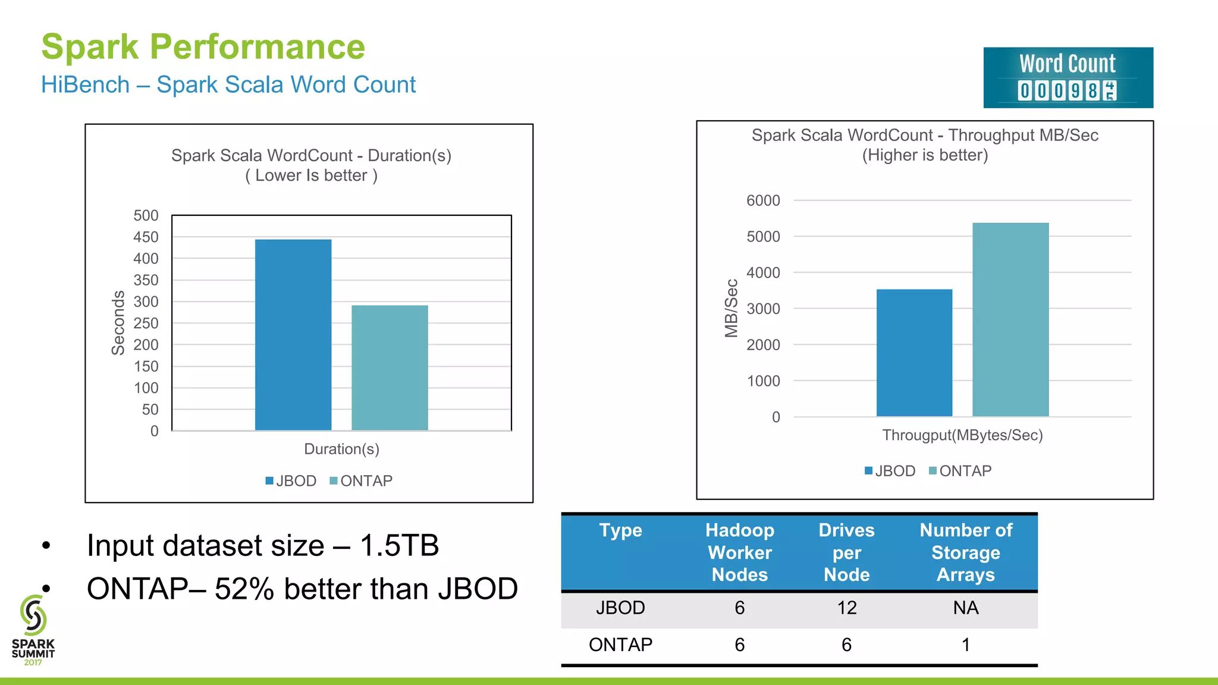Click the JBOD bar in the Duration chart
[x=293, y=335]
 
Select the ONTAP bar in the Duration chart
[x=390, y=367]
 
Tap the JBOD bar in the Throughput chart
[x=914, y=353]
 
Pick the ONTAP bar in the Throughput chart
[x=1010, y=319]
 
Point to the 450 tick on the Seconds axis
[x=146, y=237]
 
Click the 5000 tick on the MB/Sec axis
[x=763, y=237]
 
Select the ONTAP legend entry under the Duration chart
[x=362, y=480]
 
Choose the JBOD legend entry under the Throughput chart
[x=890, y=471]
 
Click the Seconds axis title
[x=118, y=323]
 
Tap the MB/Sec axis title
[x=731, y=308]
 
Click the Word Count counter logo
[x=1068, y=78]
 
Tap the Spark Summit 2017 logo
[x=33, y=630]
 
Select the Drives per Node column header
[x=846, y=552]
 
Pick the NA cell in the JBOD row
[x=965, y=608]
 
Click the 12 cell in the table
[x=846, y=608]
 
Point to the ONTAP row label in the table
[x=620, y=645]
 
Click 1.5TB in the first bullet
[x=399, y=545]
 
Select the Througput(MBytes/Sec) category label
[x=962, y=435]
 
